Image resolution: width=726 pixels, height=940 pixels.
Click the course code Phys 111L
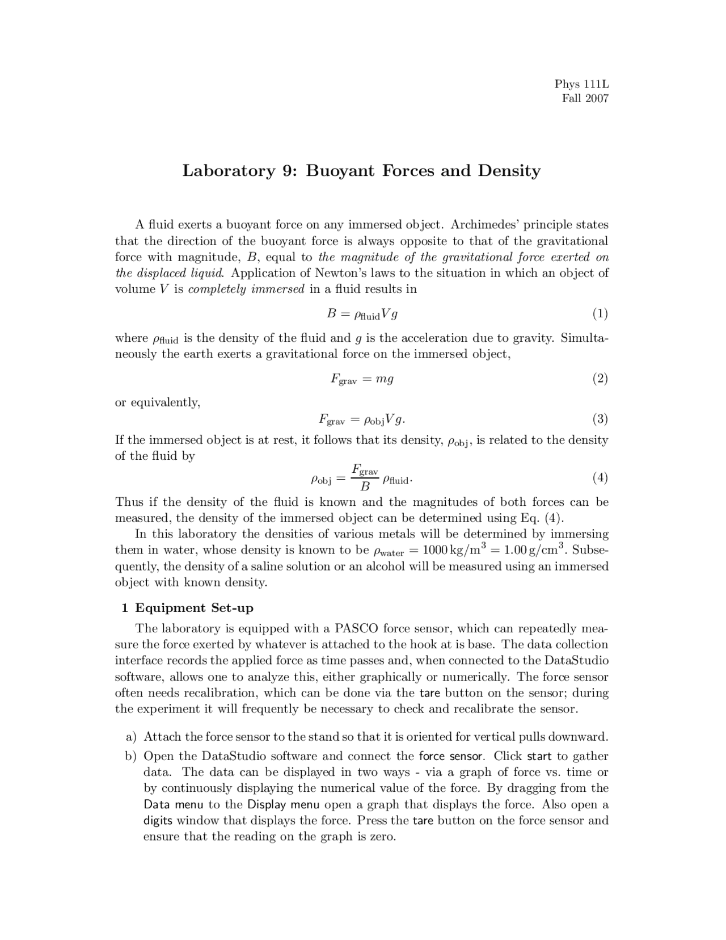click(x=581, y=85)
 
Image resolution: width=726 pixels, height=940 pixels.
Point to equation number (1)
click(x=600, y=313)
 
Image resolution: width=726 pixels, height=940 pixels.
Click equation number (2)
click(x=600, y=379)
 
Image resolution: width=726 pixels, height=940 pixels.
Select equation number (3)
click(x=600, y=419)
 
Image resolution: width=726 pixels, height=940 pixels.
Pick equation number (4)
click(x=600, y=478)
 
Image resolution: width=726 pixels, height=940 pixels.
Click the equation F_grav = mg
click(x=362, y=379)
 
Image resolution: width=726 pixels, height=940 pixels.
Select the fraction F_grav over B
click(x=365, y=478)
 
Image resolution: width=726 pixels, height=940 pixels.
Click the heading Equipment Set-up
click(x=194, y=608)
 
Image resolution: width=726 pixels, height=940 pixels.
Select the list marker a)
click(x=131, y=737)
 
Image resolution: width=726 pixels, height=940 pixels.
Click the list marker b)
click(x=131, y=756)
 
